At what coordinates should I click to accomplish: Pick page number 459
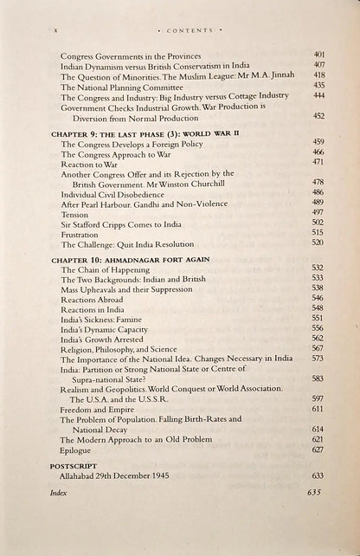tap(318, 141)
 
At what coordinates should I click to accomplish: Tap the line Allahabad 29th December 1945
tap(128, 476)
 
